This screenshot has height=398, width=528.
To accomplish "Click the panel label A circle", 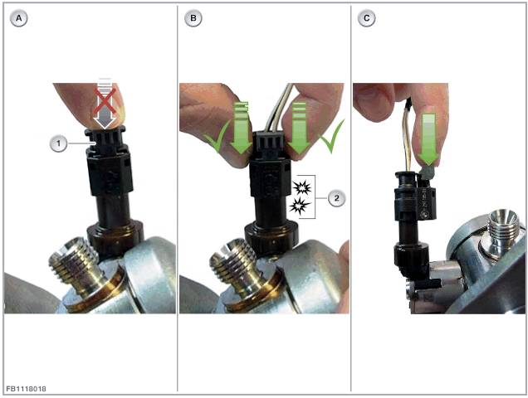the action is (18, 18).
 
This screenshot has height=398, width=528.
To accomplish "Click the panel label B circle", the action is (193, 18).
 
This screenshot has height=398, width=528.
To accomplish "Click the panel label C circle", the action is (366, 18).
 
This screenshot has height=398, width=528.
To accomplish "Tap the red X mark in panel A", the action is (105, 100).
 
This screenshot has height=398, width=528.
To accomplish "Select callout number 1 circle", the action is (58, 143).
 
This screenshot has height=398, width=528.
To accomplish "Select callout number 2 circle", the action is (336, 198).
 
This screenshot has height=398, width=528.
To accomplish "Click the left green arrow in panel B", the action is (241, 127).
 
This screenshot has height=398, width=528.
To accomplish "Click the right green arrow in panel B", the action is (299, 127).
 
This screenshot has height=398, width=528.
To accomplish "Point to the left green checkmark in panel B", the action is (217, 136).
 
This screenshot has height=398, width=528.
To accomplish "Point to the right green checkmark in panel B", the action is (332, 135).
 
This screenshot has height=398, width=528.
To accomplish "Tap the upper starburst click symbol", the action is (301, 188).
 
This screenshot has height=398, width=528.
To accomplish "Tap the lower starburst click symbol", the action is (300, 206).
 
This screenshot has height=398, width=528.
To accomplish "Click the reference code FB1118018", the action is (26, 389).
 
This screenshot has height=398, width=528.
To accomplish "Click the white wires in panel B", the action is (279, 107).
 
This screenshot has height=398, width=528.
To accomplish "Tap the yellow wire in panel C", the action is (408, 138).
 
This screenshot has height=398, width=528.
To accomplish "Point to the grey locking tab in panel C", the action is (427, 172).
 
